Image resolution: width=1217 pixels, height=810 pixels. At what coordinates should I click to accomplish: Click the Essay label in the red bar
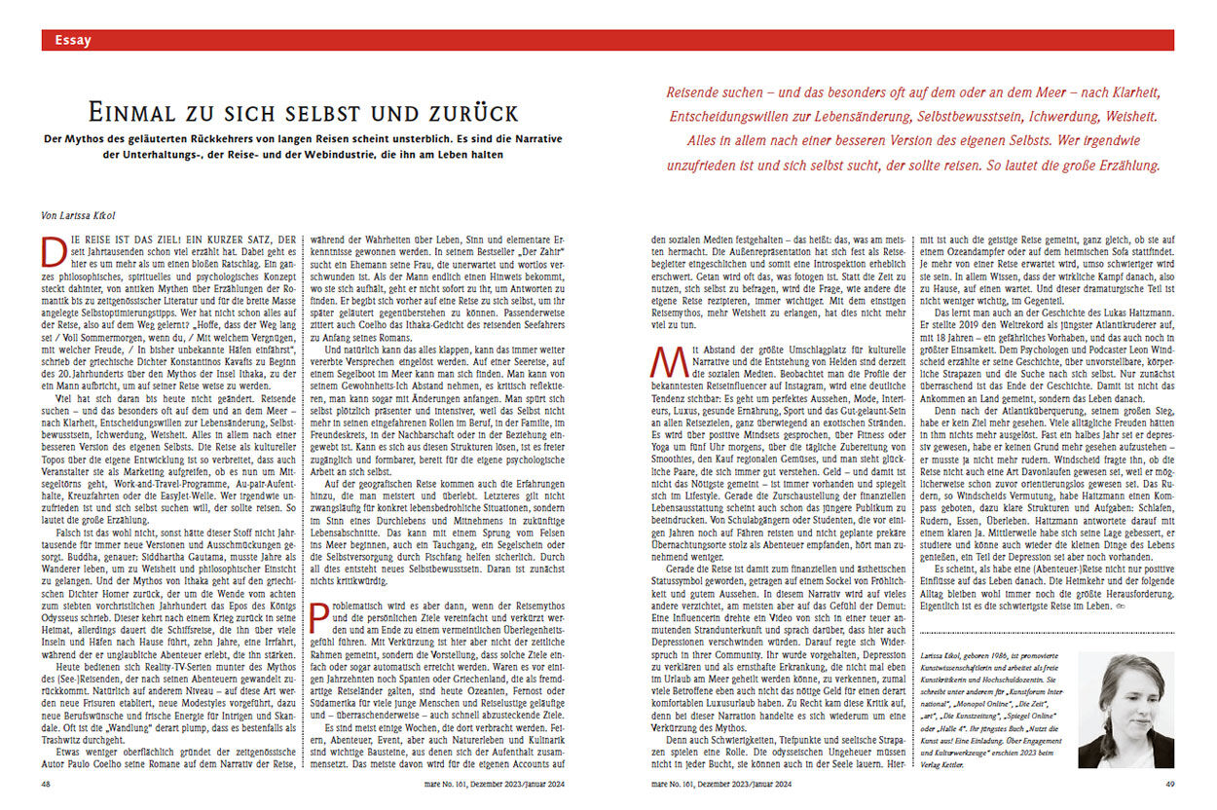(73, 40)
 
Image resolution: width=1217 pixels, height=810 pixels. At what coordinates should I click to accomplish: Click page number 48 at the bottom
(47, 782)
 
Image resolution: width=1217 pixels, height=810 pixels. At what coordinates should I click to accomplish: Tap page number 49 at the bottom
(1167, 782)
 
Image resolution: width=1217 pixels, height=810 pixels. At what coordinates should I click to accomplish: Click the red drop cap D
(50, 249)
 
